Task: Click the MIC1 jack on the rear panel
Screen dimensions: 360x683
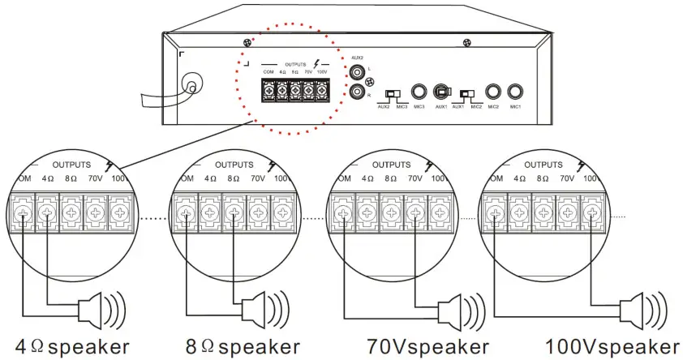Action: (513, 92)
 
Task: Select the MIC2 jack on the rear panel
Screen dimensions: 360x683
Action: (492, 92)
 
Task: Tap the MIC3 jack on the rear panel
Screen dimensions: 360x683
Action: (419, 92)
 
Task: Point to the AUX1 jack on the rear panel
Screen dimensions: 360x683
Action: (441, 92)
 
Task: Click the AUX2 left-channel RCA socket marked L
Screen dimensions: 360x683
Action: (357, 73)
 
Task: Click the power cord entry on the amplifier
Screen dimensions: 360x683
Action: (191, 85)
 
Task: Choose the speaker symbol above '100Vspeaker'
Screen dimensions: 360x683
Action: (641, 308)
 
